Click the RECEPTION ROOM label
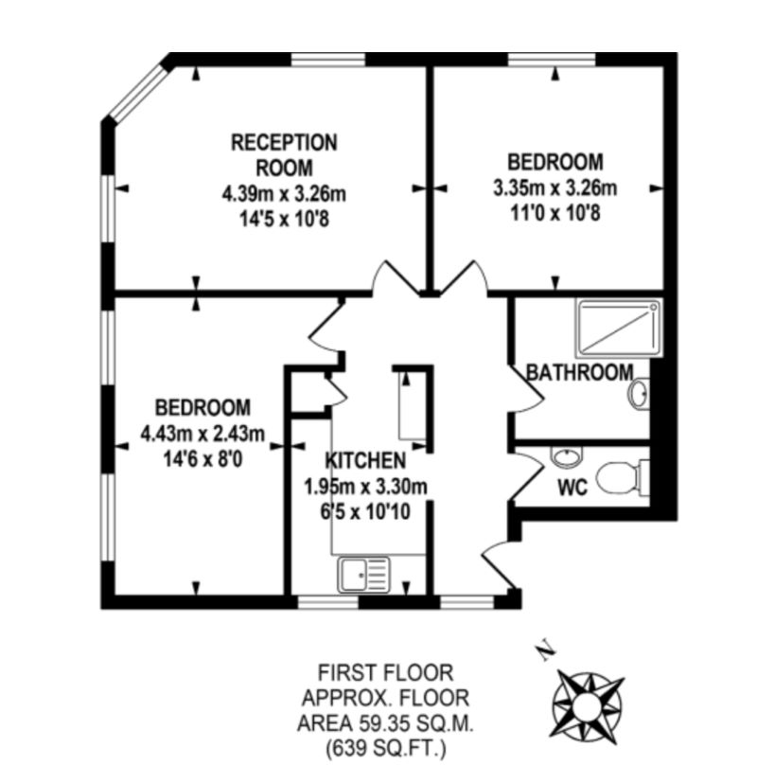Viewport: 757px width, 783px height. pyautogui.click(x=284, y=155)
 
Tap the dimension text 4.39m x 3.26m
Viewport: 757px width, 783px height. pyautogui.click(x=284, y=195)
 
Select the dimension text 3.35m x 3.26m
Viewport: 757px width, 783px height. pyautogui.click(x=555, y=186)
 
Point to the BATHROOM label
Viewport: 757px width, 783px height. pyautogui.click(x=579, y=372)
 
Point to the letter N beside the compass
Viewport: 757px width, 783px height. pyautogui.click(x=543, y=651)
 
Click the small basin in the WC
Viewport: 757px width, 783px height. pyautogui.click(x=566, y=458)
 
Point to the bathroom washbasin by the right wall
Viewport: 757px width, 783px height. pyautogui.click(x=640, y=394)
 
